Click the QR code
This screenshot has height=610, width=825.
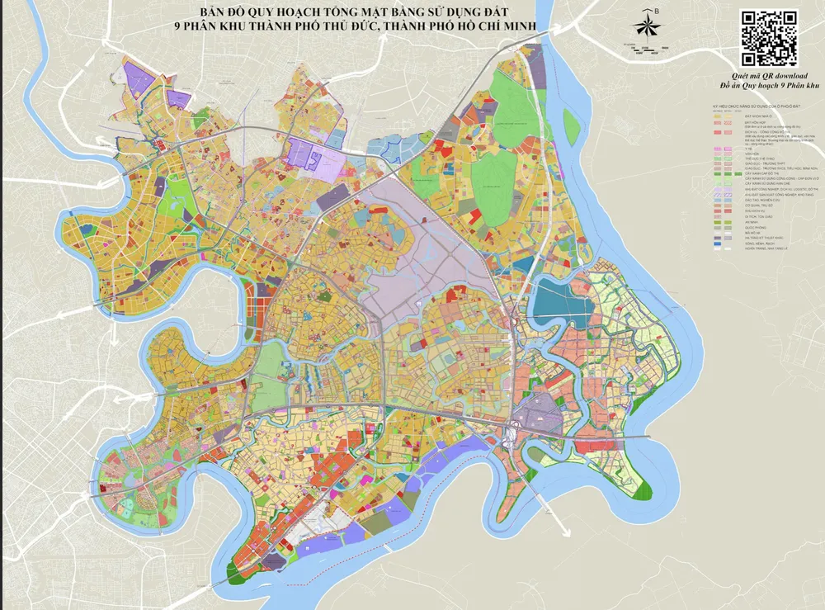[769, 37]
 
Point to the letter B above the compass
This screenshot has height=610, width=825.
[657, 11]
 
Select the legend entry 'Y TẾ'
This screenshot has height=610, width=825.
[748, 149]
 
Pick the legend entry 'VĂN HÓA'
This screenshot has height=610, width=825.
[751, 154]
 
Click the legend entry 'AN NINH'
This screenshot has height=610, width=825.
[752, 223]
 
